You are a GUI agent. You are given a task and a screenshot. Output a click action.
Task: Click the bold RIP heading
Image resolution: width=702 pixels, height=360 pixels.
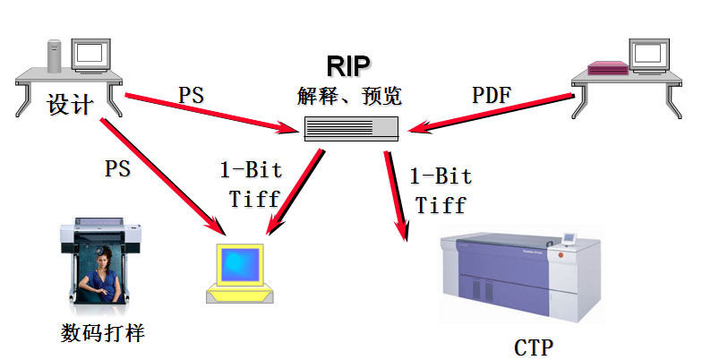349,64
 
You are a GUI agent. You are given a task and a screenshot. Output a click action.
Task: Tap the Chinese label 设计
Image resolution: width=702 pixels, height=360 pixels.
70,105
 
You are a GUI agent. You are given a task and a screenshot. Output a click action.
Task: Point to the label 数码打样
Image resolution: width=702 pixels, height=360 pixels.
103,333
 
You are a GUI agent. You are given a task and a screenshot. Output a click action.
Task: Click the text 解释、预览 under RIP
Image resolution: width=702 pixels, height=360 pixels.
352,96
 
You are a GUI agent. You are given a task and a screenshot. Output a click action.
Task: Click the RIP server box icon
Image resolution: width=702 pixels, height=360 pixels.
350,129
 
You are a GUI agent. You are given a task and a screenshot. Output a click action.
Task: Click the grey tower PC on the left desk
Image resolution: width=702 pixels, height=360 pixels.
53,56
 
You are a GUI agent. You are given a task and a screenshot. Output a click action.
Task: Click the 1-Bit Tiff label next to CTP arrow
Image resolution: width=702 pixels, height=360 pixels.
440,190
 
